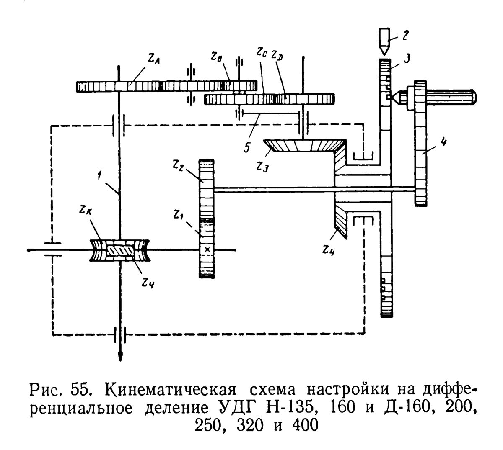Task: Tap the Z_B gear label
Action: pyautogui.click(x=217, y=57)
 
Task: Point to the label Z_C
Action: pyautogui.click(x=262, y=52)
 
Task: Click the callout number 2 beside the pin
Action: pyautogui.click(x=405, y=35)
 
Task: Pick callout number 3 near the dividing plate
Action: pyautogui.click(x=407, y=58)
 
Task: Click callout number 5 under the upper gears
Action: pyautogui.click(x=247, y=147)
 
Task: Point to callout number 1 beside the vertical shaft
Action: pyautogui.click(x=99, y=175)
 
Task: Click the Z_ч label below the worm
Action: pyautogui.click(x=148, y=283)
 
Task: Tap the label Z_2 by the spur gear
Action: pyautogui.click(x=178, y=166)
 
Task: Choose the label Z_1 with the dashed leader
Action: pyautogui.click(x=179, y=215)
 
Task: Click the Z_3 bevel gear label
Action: pyautogui.click(x=262, y=167)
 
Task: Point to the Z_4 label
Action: pyautogui.click(x=328, y=250)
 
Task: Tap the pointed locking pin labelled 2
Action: pyautogui.click(x=384, y=41)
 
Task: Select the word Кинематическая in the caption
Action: pyautogui.click(x=171, y=390)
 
